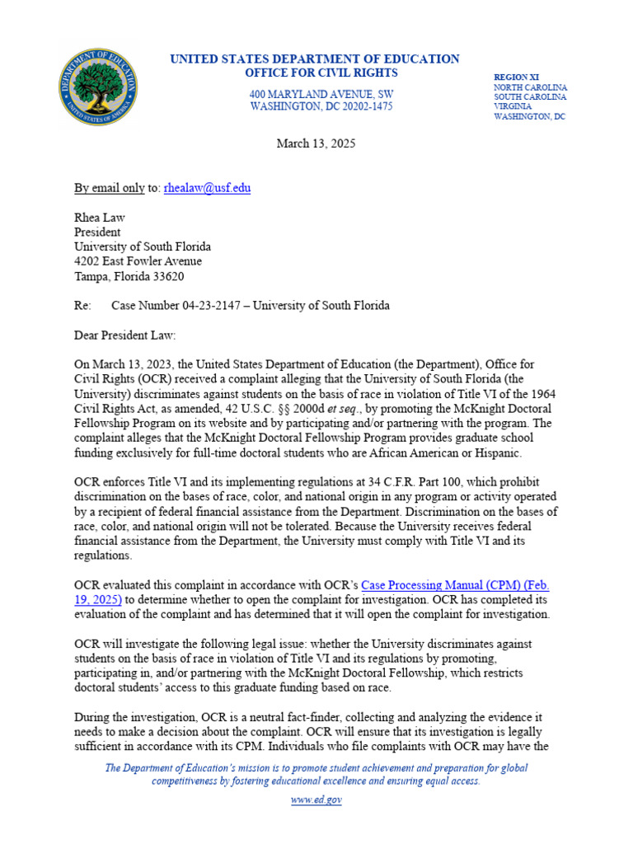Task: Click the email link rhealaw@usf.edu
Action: click(x=207, y=188)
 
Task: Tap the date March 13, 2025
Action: click(x=316, y=143)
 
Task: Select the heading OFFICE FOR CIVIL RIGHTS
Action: click(x=314, y=73)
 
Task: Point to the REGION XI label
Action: click(x=518, y=76)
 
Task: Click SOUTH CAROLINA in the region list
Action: click(x=529, y=96)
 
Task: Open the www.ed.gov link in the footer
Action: click(x=316, y=800)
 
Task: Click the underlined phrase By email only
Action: click(x=109, y=188)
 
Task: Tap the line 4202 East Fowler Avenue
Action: click(x=138, y=261)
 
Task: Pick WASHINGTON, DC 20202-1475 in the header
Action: click(x=321, y=107)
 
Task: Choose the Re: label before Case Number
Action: click(x=82, y=306)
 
